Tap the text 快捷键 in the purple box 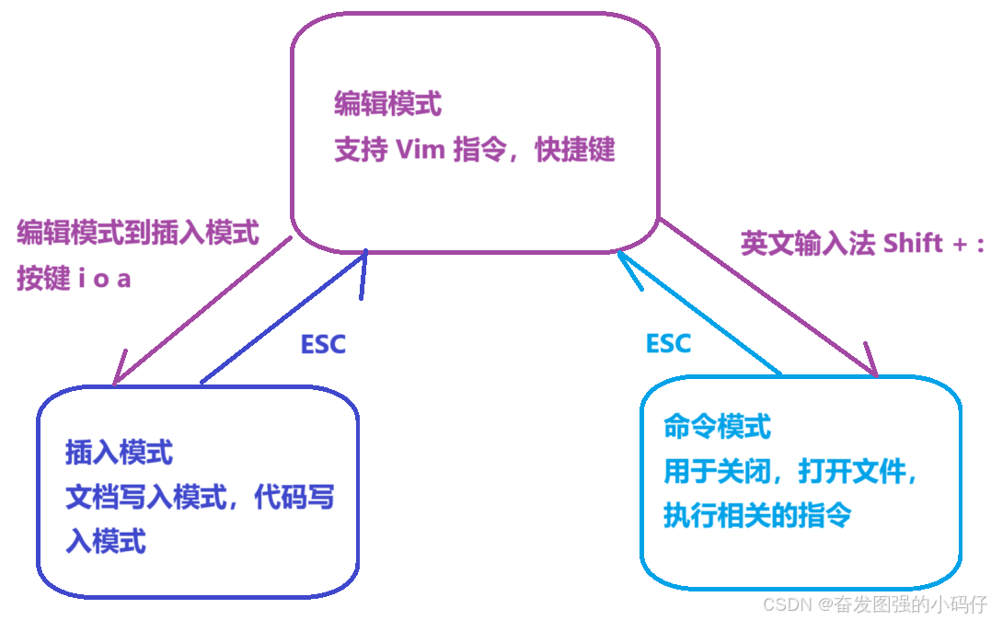575,150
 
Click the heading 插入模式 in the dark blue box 119,453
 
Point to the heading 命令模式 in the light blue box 717,427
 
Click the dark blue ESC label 324,344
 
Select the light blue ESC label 668,343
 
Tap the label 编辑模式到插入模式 138,233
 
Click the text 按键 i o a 74,279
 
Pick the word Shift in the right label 913,243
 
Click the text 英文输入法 807,243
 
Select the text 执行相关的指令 757,515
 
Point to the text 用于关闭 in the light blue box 716,472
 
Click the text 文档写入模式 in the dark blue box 145,498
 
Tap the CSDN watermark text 785,603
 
